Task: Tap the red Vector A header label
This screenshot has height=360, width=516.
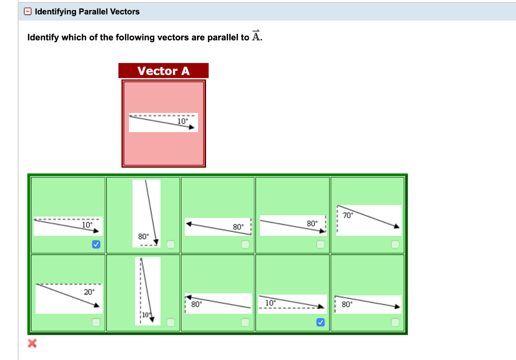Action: click(163, 71)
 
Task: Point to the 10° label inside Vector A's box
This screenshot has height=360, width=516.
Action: click(182, 121)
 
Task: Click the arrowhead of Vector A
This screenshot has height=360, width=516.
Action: click(192, 128)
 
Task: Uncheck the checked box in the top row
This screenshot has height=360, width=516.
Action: click(96, 245)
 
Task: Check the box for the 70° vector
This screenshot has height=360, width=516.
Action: click(395, 245)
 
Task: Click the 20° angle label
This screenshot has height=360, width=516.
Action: click(89, 291)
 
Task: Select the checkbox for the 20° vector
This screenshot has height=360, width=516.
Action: click(96, 322)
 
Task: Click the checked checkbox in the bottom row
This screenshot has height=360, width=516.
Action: click(320, 322)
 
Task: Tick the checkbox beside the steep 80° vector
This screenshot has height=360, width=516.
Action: click(170, 245)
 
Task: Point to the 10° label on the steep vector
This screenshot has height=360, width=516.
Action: click(146, 314)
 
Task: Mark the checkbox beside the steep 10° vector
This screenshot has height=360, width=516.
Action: click(170, 322)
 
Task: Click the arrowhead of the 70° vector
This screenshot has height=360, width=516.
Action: click(397, 227)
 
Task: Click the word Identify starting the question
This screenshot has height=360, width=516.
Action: click(43, 38)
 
